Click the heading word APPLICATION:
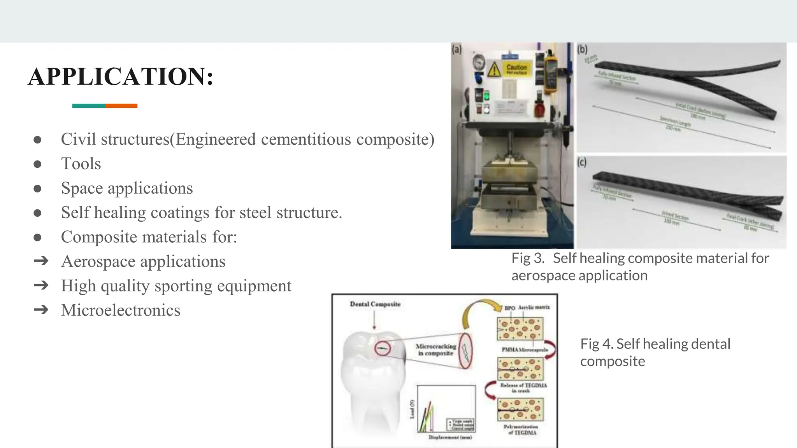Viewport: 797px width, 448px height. pyautogui.click(x=121, y=76)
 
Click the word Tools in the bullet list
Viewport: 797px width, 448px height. pyautogui.click(x=81, y=164)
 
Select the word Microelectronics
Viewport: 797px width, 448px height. pyautogui.click(x=121, y=310)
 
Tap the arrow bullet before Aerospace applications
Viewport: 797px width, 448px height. pyautogui.click(x=41, y=261)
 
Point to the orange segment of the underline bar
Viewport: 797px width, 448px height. pyautogui.click(x=121, y=106)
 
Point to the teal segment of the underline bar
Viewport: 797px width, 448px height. pyautogui.click(x=89, y=106)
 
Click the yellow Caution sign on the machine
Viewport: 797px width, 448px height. pyautogui.click(x=516, y=69)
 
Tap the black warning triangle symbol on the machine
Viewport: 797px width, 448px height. pyautogui.click(x=494, y=70)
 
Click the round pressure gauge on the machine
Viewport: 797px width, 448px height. pyautogui.click(x=479, y=62)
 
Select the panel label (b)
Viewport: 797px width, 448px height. pyautogui.click(x=582, y=49)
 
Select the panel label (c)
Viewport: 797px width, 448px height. pyautogui.click(x=582, y=162)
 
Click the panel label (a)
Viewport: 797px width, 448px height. pyautogui.click(x=456, y=49)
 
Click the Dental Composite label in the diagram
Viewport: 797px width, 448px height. pyautogui.click(x=375, y=304)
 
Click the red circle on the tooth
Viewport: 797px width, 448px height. pyautogui.click(x=383, y=348)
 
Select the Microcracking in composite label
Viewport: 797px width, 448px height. pyautogui.click(x=435, y=350)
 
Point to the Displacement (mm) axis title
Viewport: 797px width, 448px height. pyautogui.click(x=450, y=437)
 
